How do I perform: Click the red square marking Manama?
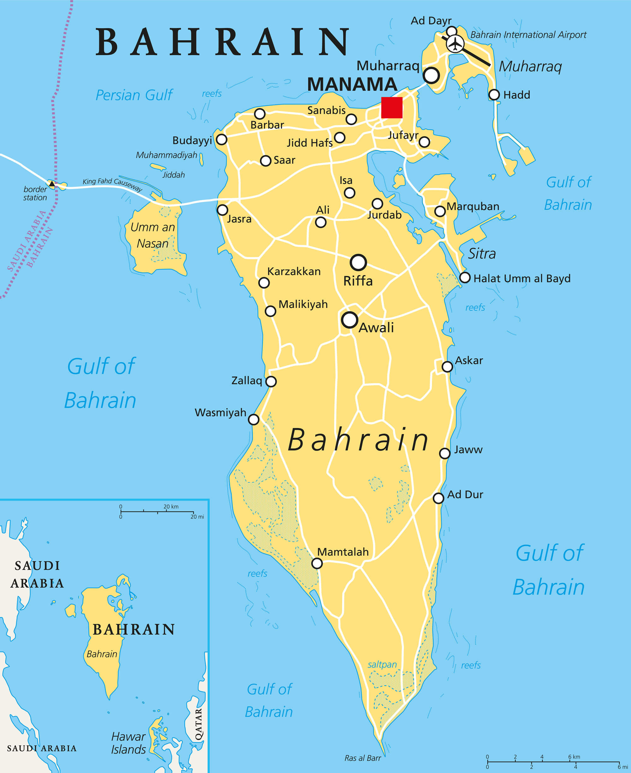[x=392, y=108]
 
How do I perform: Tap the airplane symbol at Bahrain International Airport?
[x=455, y=44]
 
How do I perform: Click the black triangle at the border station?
[x=52, y=184]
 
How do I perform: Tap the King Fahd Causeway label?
[x=112, y=184]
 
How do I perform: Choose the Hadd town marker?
[x=494, y=94]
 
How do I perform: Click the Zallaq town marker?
[x=271, y=381]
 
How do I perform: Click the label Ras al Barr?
[x=363, y=758]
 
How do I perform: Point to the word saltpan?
[x=382, y=664]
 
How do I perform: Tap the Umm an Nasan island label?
[x=153, y=235]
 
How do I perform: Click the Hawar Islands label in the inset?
[x=128, y=743]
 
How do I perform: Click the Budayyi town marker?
[x=221, y=139]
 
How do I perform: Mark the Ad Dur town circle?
[x=438, y=498]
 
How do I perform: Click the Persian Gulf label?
[x=134, y=95]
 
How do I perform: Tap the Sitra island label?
[x=481, y=253]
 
